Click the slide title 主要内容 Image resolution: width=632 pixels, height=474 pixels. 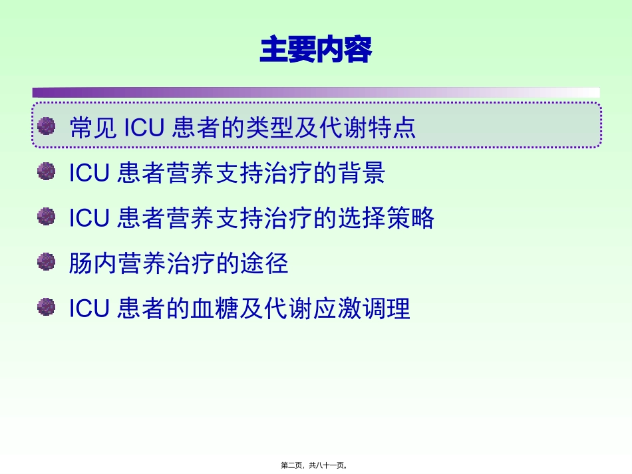pyautogui.click(x=315, y=51)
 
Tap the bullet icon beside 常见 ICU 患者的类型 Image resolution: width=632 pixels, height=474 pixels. pyautogui.click(x=46, y=126)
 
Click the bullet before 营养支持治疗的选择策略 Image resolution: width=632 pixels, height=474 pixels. pyautogui.click(x=46, y=217)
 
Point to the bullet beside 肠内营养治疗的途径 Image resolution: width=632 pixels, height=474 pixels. pyautogui.click(x=46, y=262)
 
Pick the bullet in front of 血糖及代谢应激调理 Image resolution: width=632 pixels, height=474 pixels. pyautogui.click(x=46, y=307)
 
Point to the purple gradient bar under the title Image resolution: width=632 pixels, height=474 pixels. pyautogui.click(x=315, y=92)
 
